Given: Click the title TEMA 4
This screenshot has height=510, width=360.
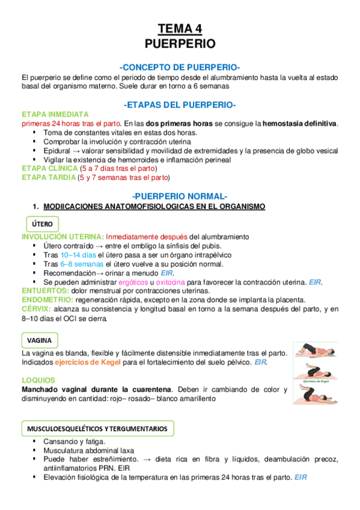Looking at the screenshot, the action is (x=180, y=28).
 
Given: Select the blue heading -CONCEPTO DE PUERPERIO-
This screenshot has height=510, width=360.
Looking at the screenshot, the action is (x=180, y=67).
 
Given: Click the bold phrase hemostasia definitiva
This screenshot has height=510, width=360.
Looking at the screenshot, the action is (x=300, y=123).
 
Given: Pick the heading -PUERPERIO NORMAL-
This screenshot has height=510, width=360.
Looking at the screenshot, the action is (x=180, y=196).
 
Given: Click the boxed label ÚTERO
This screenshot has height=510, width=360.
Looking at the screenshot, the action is (x=42, y=224).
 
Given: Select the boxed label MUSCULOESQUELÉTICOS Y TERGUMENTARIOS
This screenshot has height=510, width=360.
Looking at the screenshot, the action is (x=98, y=428).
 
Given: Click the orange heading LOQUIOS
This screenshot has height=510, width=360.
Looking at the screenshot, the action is (x=38, y=380).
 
